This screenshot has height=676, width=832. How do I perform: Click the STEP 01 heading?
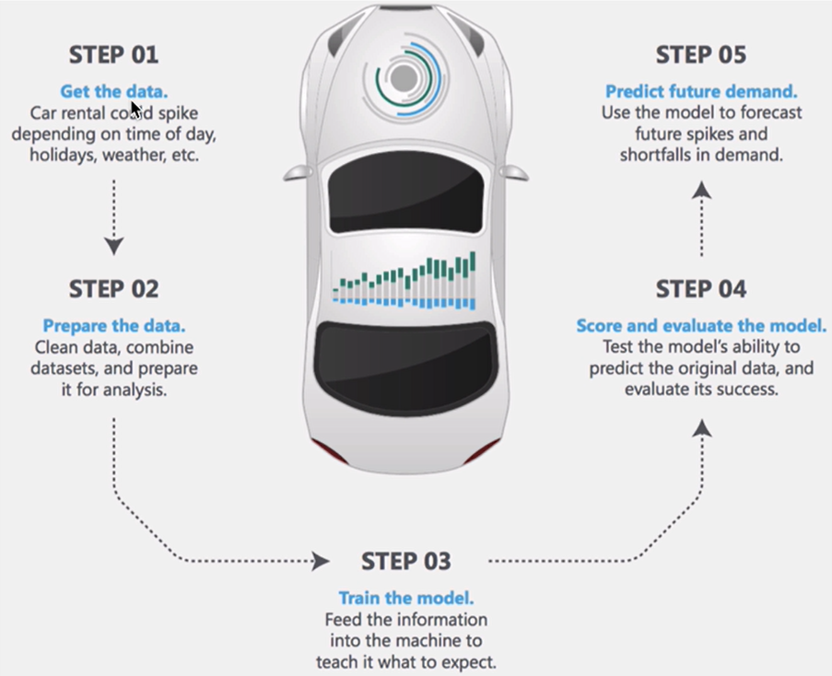tap(113, 55)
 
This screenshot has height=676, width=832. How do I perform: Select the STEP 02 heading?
tap(113, 289)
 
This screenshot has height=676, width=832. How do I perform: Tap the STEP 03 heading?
tap(406, 561)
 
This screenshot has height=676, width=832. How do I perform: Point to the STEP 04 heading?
tap(700, 289)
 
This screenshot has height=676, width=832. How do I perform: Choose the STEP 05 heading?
tap(700, 55)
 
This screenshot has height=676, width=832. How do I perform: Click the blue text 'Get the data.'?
tap(113, 92)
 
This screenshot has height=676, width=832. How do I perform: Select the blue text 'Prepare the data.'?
tap(113, 326)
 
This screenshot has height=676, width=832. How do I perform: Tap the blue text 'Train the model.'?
tap(406, 598)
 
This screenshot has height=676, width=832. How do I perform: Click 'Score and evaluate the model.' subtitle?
tap(700, 326)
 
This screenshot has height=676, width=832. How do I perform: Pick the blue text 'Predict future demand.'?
tap(700, 92)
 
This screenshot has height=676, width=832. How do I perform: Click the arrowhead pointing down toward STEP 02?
tap(113, 246)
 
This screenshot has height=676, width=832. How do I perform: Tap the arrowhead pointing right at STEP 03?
tap(320, 560)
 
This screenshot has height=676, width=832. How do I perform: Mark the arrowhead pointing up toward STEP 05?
tap(702, 190)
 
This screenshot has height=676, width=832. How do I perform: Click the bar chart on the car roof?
tap(405, 280)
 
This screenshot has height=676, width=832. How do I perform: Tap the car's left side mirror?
tap(298, 172)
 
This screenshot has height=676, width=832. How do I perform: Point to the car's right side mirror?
tap(514, 172)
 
